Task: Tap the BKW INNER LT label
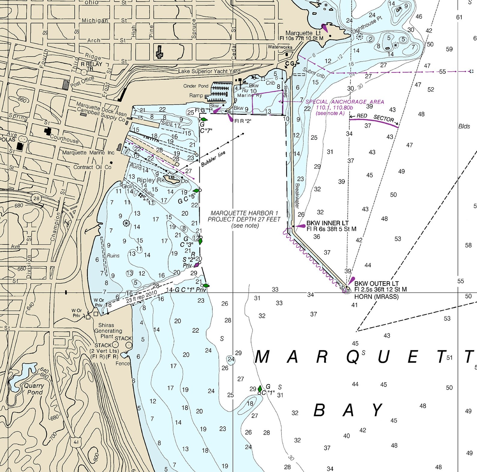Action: coord(327,223)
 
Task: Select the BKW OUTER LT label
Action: coord(376,284)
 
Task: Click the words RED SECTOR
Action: coord(375,118)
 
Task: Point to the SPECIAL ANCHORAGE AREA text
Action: coord(345,102)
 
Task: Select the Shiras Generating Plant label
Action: coord(108,331)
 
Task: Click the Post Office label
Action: coord(82,82)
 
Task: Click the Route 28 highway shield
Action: coord(36,198)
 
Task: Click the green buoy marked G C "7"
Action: coord(203,120)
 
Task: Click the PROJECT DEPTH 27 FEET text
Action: coord(244,219)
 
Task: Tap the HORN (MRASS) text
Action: coord(376,297)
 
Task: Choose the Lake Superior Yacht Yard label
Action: coord(209,71)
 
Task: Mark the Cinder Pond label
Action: coord(196,86)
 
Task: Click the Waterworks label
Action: coord(280,47)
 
